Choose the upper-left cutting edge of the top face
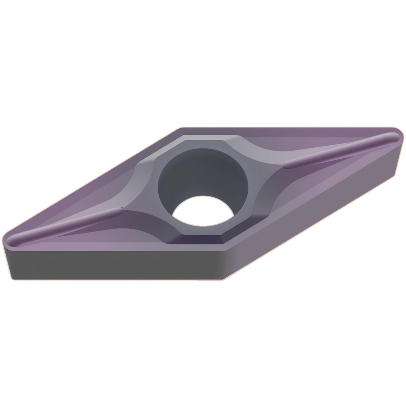(93, 183)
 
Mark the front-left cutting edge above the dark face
(114, 248)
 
